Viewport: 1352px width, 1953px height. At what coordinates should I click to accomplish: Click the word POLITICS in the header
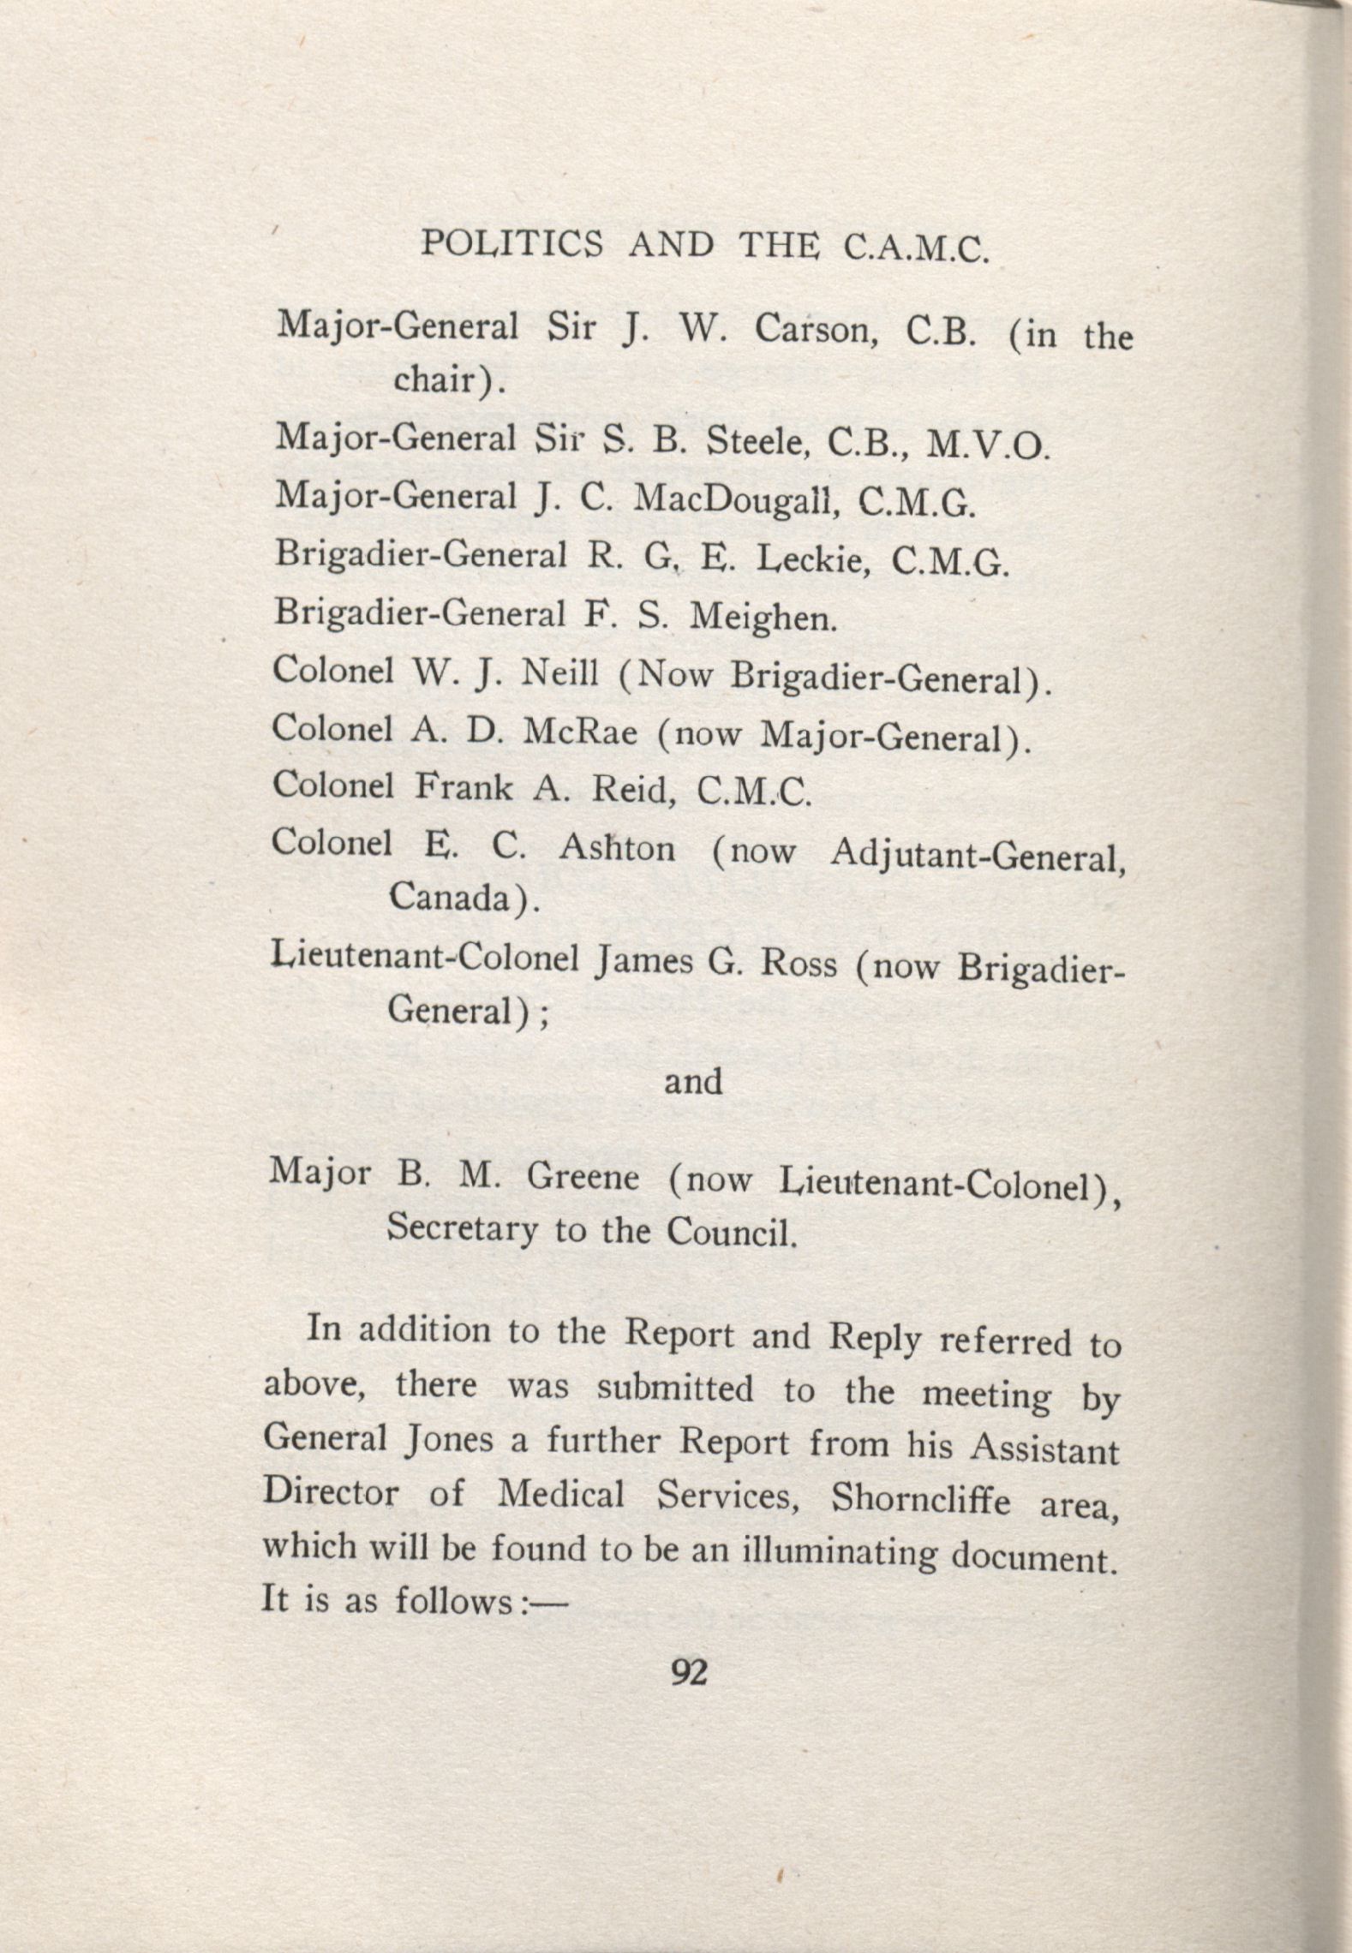(511, 245)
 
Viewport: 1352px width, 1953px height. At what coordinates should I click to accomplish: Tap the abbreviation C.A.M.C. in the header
(916, 248)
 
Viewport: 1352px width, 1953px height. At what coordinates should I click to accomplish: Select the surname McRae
(579, 732)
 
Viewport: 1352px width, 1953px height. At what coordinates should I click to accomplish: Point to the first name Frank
(464, 787)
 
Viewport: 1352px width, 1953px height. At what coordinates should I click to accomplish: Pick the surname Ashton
(617, 848)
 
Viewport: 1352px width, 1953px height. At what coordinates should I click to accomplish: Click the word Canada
(457, 898)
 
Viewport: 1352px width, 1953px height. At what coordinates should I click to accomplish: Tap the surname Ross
(799, 964)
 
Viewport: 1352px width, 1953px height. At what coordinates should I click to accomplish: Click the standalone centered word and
(693, 1082)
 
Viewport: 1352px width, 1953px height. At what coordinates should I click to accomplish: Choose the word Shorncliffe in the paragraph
(921, 1498)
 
